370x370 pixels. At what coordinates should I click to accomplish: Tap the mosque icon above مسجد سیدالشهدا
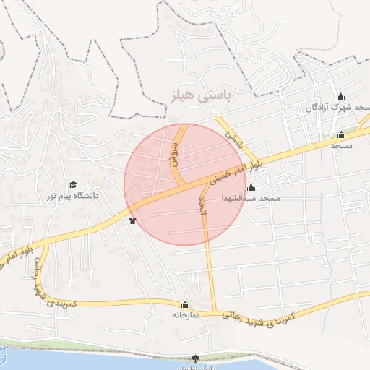251,188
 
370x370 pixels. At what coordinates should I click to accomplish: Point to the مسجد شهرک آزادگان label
337,107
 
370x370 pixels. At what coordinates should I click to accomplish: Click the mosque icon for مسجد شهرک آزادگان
340,97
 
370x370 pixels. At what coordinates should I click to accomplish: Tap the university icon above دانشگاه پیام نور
72,185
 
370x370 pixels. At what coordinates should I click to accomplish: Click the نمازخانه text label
186,315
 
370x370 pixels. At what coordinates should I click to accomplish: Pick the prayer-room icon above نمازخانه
186,305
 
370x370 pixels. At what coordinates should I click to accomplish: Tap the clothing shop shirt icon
132,220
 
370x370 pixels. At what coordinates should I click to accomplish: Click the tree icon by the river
194,358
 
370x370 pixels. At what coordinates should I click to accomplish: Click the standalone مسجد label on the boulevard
341,145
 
